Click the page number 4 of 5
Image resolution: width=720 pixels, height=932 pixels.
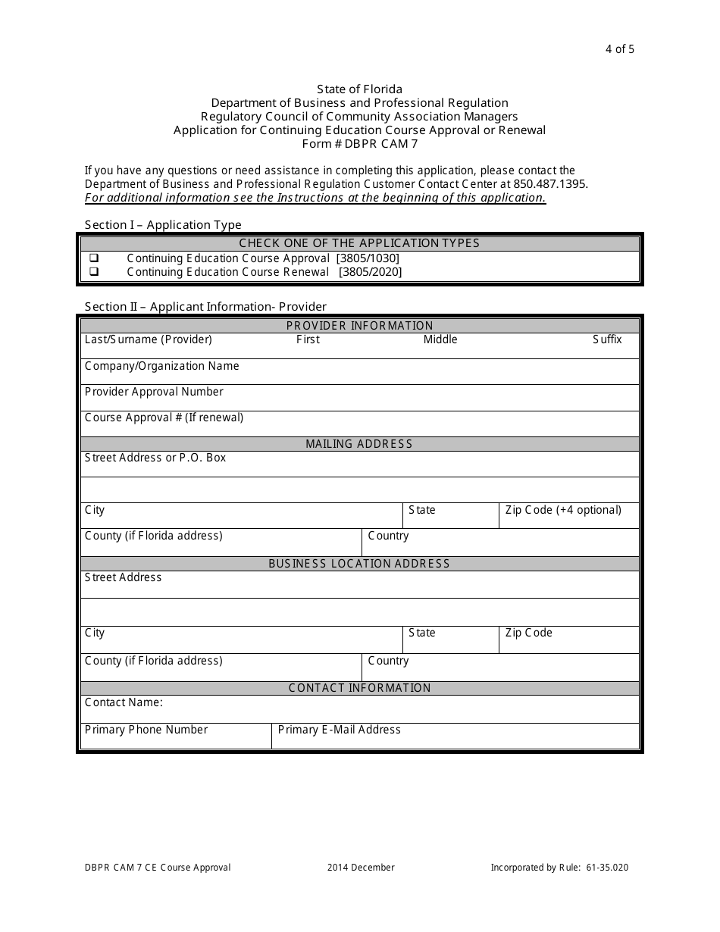(619, 50)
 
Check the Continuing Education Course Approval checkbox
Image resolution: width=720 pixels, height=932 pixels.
(94, 258)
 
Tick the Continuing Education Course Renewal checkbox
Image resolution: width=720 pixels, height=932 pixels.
(94, 271)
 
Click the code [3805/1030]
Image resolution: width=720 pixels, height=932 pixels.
(368, 258)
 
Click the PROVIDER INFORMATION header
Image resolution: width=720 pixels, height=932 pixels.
(359, 326)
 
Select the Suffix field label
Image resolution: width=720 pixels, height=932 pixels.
(606, 339)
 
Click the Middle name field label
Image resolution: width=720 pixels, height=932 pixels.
(440, 339)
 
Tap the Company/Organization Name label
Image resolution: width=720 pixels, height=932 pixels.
(161, 366)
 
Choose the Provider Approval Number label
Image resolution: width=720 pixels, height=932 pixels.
(154, 392)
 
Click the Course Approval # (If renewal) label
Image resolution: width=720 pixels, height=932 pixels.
(164, 418)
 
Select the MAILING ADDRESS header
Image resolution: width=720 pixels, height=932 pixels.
(359, 444)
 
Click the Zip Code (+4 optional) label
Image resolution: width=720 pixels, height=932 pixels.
(562, 510)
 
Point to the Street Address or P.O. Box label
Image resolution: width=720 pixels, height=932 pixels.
(155, 458)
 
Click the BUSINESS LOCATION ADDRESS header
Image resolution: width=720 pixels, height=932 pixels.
(359, 564)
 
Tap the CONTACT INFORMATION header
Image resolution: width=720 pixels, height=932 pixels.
(359, 688)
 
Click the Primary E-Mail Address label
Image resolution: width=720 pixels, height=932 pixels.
(339, 730)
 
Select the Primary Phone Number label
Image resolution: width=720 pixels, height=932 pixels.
(146, 730)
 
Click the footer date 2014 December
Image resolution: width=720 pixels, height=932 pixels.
(361, 868)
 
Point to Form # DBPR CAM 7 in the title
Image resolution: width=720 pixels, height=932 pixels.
(359, 143)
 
